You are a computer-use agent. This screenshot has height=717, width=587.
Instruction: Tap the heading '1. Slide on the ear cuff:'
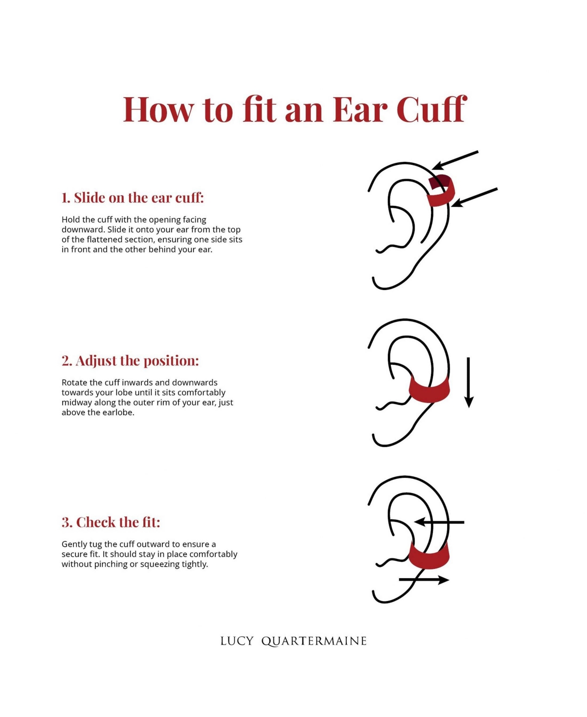(x=133, y=198)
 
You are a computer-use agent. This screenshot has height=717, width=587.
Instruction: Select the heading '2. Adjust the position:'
(x=130, y=360)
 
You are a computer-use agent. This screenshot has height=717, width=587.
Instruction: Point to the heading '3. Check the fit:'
(x=111, y=522)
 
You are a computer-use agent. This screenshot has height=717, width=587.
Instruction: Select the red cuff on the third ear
(x=429, y=557)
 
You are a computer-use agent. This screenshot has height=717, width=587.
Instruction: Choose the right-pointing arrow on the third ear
(x=424, y=580)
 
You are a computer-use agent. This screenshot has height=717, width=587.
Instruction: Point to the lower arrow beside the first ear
(x=474, y=197)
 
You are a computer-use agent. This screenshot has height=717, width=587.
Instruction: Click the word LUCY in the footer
(x=237, y=641)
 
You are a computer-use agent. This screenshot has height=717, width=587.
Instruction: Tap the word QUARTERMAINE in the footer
(x=314, y=641)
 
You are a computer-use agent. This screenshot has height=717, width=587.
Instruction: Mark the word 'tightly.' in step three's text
(x=195, y=564)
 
